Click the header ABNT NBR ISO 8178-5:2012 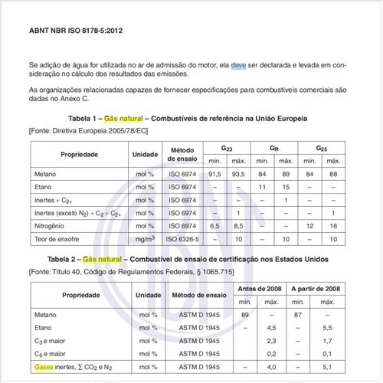[x=76, y=33]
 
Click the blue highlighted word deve [x=239, y=67]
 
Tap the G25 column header [x=322, y=146]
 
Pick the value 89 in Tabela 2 [x=244, y=315]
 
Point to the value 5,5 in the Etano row [x=327, y=328]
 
